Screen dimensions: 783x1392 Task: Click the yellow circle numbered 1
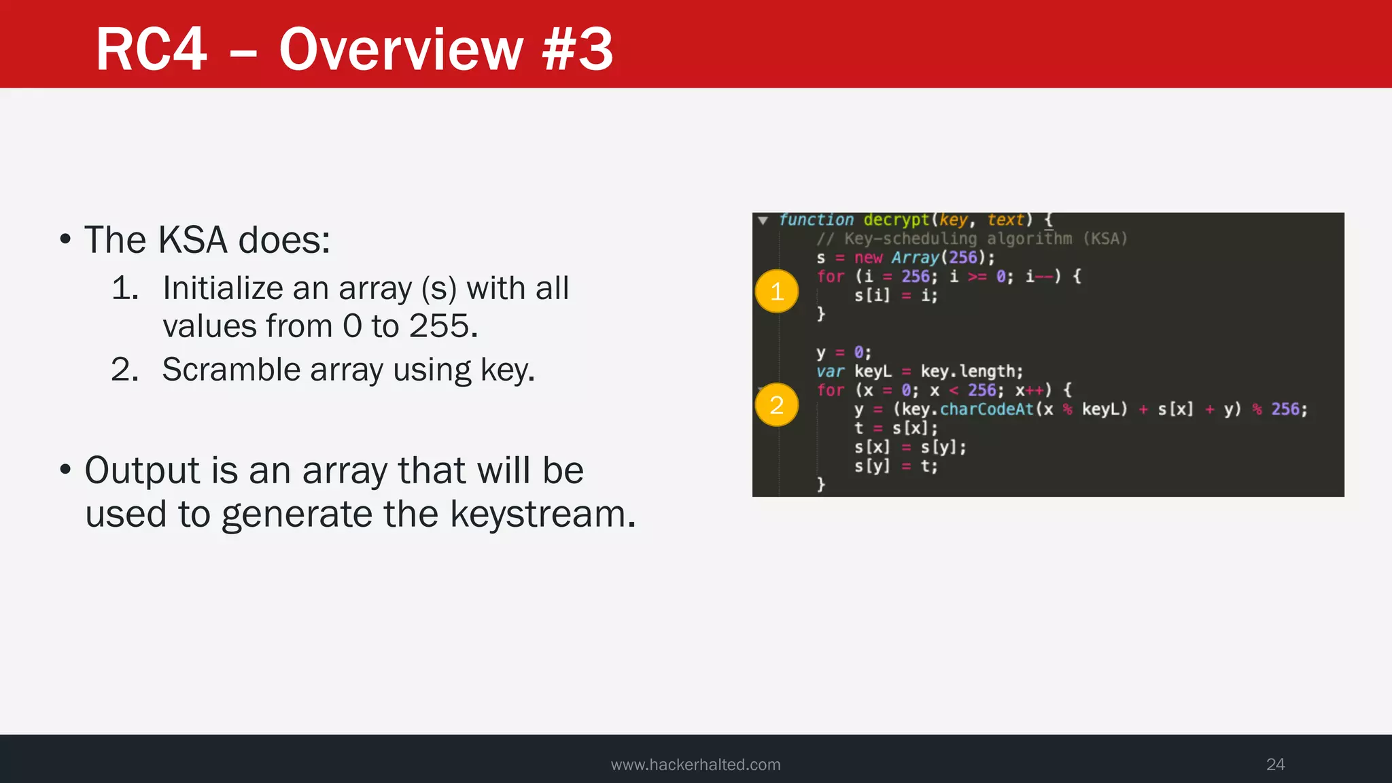[x=776, y=292]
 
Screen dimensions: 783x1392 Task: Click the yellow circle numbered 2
[x=776, y=405]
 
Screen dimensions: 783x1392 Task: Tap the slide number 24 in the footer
[x=1275, y=765]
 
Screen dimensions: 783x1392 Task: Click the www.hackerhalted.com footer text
[x=695, y=765]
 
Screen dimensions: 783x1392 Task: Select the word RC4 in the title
[x=151, y=50]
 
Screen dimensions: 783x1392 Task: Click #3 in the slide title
[x=578, y=50]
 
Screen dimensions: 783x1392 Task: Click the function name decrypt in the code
[x=896, y=220]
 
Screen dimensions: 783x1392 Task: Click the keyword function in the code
[x=816, y=220]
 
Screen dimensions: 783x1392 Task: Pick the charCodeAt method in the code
[x=986, y=409]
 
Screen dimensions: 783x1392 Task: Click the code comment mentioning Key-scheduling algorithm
[x=972, y=239]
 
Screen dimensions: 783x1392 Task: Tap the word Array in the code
[x=915, y=258]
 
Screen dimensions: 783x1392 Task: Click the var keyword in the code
[x=830, y=372]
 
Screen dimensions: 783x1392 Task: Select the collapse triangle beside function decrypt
[x=763, y=220]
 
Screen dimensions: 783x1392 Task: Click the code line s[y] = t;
[x=895, y=466]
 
